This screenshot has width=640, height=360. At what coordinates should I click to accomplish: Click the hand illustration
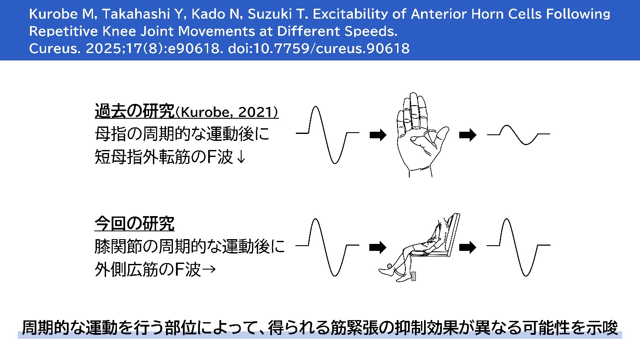(422, 134)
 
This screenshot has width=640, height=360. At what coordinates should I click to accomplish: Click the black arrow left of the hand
(378, 135)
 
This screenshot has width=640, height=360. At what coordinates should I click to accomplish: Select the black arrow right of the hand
(468, 135)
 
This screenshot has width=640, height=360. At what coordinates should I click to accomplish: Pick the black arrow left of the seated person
(378, 247)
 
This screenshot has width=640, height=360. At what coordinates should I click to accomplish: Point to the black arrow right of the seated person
(468, 247)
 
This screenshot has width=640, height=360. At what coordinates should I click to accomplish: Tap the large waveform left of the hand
(328, 135)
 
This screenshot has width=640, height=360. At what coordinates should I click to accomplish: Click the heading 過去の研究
(135, 111)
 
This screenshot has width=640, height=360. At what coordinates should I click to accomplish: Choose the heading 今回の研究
(135, 223)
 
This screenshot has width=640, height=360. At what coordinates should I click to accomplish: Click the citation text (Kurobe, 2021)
(226, 112)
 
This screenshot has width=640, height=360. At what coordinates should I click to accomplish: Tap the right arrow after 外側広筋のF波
(209, 269)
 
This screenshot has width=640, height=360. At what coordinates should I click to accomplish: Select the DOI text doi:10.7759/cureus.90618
(319, 48)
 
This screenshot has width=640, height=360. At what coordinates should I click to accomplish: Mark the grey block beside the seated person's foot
(414, 276)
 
